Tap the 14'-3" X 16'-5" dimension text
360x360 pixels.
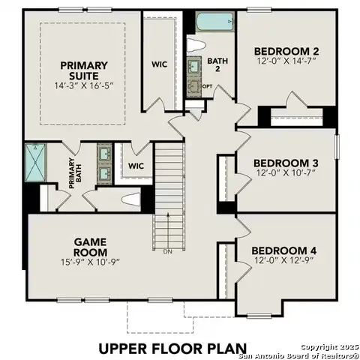click(84, 87)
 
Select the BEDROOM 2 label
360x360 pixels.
click(285, 51)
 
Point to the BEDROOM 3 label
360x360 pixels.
click(286, 163)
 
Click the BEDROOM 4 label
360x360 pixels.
click(284, 250)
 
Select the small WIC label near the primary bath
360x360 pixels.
click(136, 166)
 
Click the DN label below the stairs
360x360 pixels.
click(169, 252)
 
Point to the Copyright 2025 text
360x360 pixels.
click(328, 346)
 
